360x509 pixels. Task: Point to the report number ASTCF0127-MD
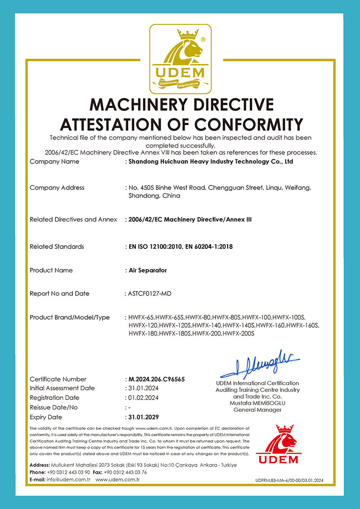coord(150,293)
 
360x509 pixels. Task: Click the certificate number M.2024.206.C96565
coord(157,379)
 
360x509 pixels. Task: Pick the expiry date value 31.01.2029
coord(144,417)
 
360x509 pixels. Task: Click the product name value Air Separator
coord(148,270)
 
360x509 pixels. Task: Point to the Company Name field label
coord(54,161)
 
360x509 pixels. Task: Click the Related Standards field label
coord(57,246)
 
